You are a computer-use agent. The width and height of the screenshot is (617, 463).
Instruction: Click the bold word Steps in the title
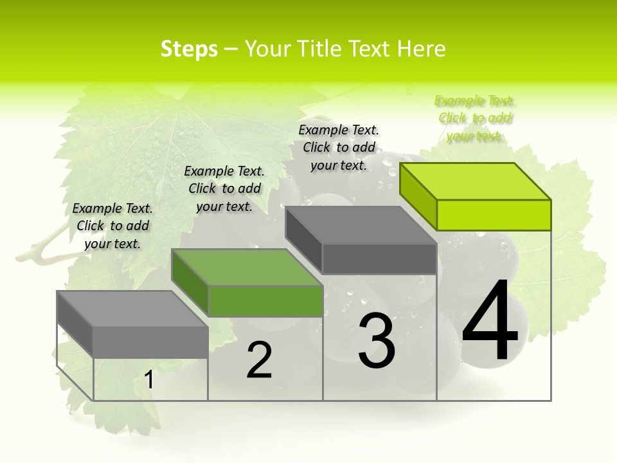tap(189, 49)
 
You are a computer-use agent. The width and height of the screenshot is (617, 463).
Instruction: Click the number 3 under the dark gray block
tap(376, 341)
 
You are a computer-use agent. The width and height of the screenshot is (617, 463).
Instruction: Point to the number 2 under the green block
tap(259, 360)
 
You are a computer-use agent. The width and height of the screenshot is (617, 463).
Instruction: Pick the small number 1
tap(149, 380)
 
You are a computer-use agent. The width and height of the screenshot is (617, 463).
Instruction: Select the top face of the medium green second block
tap(247, 268)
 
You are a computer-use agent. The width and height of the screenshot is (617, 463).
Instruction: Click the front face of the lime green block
tap(494, 215)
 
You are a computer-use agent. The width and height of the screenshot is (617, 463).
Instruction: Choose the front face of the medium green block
tap(265, 301)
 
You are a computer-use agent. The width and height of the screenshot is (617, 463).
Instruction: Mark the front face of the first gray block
tap(150, 341)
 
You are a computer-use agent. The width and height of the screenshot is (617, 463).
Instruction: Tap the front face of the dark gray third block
tap(379, 259)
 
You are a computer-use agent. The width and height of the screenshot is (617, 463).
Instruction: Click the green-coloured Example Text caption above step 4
tap(475, 118)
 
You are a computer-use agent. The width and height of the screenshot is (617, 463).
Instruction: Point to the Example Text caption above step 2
tap(224, 188)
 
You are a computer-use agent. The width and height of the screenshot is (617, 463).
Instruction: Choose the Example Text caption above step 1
tap(112, 226)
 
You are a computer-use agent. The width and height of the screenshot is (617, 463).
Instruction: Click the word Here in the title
tap(421, 49)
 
